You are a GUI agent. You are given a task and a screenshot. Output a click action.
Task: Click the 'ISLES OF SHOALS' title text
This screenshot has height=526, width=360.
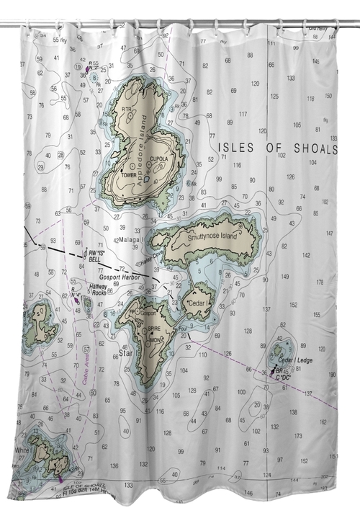pos(277,148)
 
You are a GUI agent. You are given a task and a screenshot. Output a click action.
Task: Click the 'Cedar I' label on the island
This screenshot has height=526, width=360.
pos(197,304)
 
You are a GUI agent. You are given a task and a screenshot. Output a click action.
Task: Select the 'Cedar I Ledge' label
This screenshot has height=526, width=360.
pos(295,360)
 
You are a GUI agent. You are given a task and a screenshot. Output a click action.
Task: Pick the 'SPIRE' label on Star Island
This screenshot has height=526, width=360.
pos(154,328)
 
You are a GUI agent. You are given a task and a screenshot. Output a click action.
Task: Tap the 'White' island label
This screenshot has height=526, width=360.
pos(22,449)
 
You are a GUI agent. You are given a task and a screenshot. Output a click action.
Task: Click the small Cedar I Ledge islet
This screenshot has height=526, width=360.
pos(277,352)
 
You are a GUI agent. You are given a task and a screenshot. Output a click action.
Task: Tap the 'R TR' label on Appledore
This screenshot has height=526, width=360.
pos(127,110)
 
